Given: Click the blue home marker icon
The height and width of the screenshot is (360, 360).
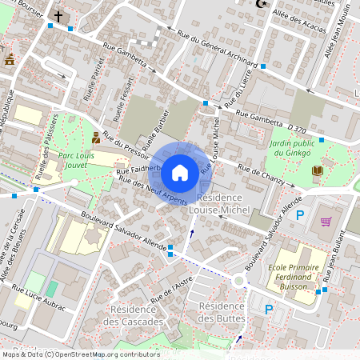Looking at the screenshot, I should (180, 172).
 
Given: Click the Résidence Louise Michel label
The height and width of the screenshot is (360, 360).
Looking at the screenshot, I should (223, 203).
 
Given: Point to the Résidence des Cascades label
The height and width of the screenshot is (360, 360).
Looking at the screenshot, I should (137, 315).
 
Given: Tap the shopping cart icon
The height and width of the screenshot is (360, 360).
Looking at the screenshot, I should (326, 222).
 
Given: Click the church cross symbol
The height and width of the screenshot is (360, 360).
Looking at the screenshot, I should (58, 15).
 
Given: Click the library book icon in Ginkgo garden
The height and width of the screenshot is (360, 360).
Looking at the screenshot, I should (318, 170).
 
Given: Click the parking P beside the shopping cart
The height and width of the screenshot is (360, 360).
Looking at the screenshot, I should (300, 215).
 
